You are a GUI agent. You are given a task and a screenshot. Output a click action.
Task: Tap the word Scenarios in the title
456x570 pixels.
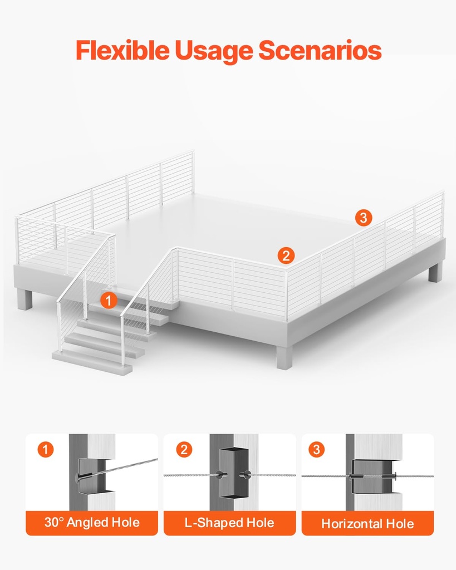pyautogui.click(x=320, y=50)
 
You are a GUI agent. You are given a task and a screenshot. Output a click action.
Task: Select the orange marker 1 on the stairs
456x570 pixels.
pyautogui.click(x=109, y=301)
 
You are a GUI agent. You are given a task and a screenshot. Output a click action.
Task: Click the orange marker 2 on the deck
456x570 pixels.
pyautogui.click(x=286, y=255)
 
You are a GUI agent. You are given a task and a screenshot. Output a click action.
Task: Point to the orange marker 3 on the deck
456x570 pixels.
pyautogui.click(x=364, y=218)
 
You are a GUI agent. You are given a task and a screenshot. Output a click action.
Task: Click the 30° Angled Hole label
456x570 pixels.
pyautogui.click(x=92, y=523)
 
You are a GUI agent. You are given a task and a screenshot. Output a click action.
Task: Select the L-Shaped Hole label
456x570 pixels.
pyautogui.click(x=229, y=523)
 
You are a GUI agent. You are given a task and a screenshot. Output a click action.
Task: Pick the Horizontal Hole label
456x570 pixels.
pyautogui.click(x=367, y=523)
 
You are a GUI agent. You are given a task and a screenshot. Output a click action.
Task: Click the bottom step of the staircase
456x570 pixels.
pyautogui.click(x=92, y=362)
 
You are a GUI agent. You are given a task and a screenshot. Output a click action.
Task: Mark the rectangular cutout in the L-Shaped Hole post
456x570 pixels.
pyautogui.click(x=229, y=473)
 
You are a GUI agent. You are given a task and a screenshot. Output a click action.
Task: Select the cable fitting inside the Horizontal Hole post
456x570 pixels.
pyautogui.click(x=367, y=476)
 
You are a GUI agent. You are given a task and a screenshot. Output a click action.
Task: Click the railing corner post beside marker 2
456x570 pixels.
pyautogui.click(x=287, y=295)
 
